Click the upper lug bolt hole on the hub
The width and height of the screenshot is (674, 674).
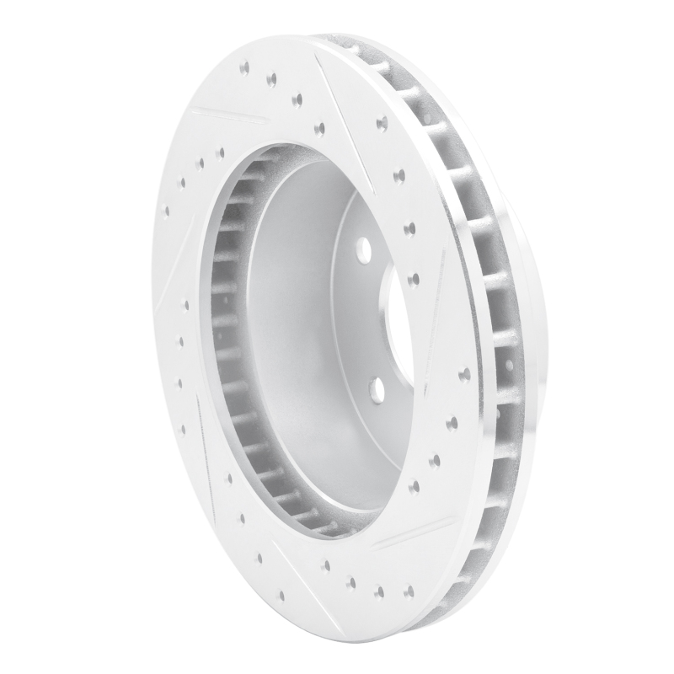point(363,249)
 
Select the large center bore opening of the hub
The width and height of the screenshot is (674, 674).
point(396,320)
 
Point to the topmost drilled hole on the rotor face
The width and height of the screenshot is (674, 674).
point(243,66)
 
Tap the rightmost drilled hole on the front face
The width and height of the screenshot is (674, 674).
point(463,373)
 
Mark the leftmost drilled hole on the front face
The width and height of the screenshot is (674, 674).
point(166,210)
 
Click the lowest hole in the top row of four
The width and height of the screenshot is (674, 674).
point(319,128)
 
